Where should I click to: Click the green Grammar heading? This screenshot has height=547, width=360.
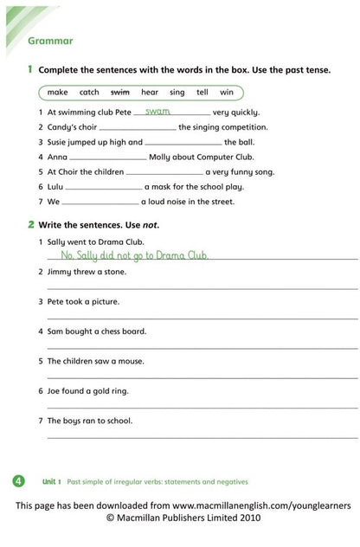(x=50, y=41)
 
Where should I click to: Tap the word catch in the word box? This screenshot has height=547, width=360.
(x=89, y=92)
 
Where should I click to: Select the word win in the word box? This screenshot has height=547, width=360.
(x=227, y=92)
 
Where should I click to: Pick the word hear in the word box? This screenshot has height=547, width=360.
(x=150, y=92)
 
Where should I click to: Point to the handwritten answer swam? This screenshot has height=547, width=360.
(x=157, y=112)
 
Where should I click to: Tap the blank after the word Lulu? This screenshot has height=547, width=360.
(x=103, y=187)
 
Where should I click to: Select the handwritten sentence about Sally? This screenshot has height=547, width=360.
(x=135, y=256)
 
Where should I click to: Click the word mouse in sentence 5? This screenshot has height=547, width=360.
(x=130, y=361)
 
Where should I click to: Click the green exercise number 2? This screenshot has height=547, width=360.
(x=29, y=224)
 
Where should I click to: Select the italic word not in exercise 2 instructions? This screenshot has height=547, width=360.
(x=151, y=225)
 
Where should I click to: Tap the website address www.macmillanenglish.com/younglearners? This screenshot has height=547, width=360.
(x=257, y=504)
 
